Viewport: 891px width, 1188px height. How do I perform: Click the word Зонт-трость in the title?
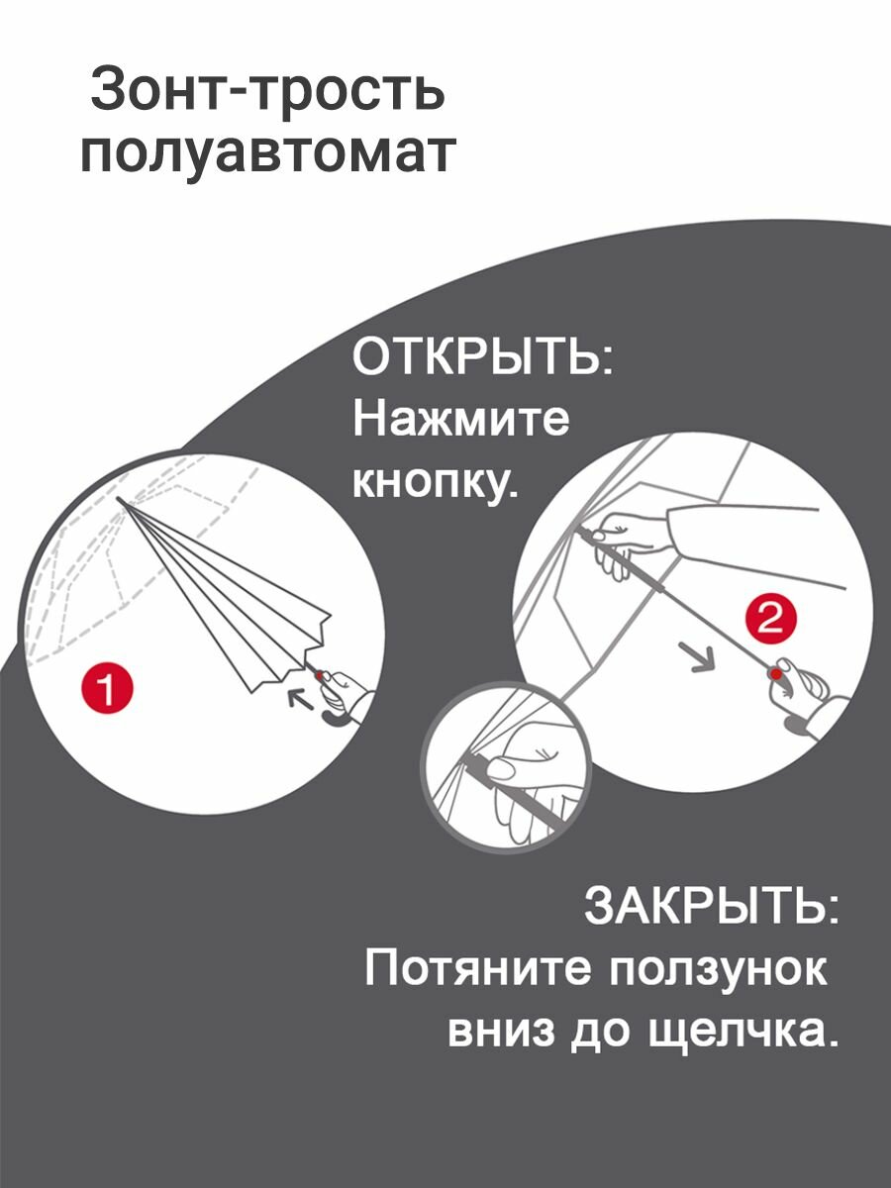266,92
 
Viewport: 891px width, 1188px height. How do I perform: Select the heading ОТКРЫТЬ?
483,357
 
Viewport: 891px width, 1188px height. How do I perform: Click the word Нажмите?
461,421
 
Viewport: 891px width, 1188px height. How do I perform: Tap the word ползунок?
718,968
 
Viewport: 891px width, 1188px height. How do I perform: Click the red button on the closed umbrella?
319,674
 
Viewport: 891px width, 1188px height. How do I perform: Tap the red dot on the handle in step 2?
777,674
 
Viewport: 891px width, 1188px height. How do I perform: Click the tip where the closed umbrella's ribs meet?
118,501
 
